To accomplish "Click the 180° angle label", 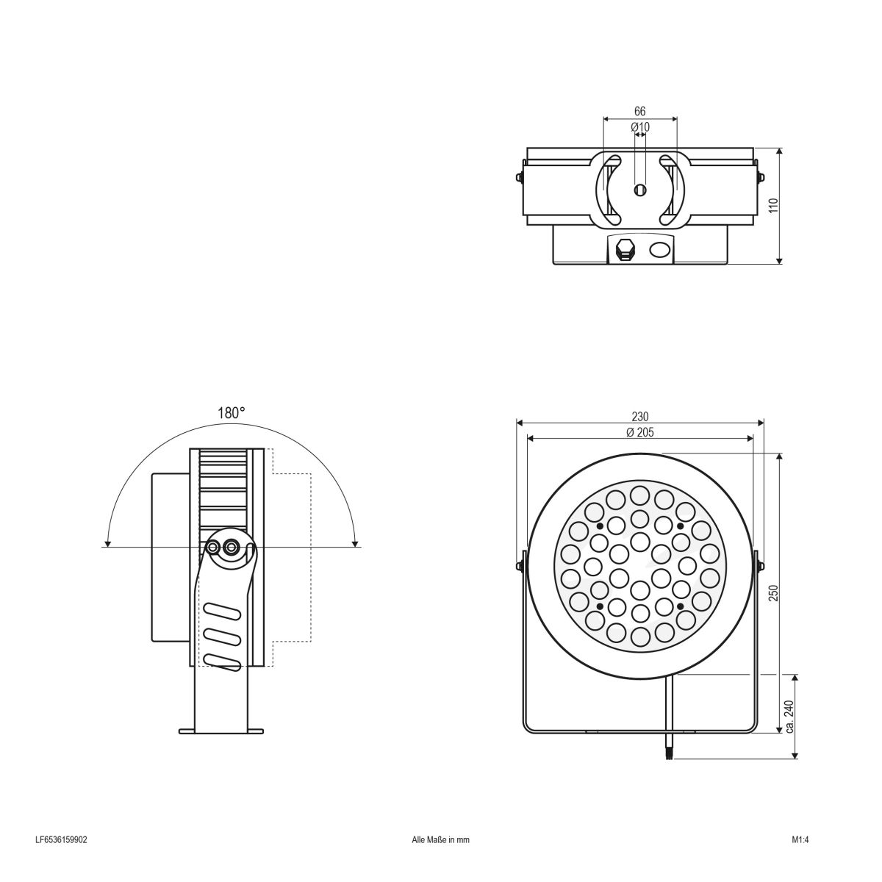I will [231, 413].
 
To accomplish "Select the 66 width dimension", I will [639, 111].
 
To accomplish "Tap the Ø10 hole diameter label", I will [640, 127].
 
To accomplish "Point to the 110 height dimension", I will [772, 205].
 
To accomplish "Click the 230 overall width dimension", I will [640, 416].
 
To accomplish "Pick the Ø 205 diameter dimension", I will [640, 432].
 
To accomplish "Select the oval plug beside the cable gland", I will [659, 249].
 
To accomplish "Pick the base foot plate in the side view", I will [221, 731].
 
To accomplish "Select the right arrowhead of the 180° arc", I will [356, 543].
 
